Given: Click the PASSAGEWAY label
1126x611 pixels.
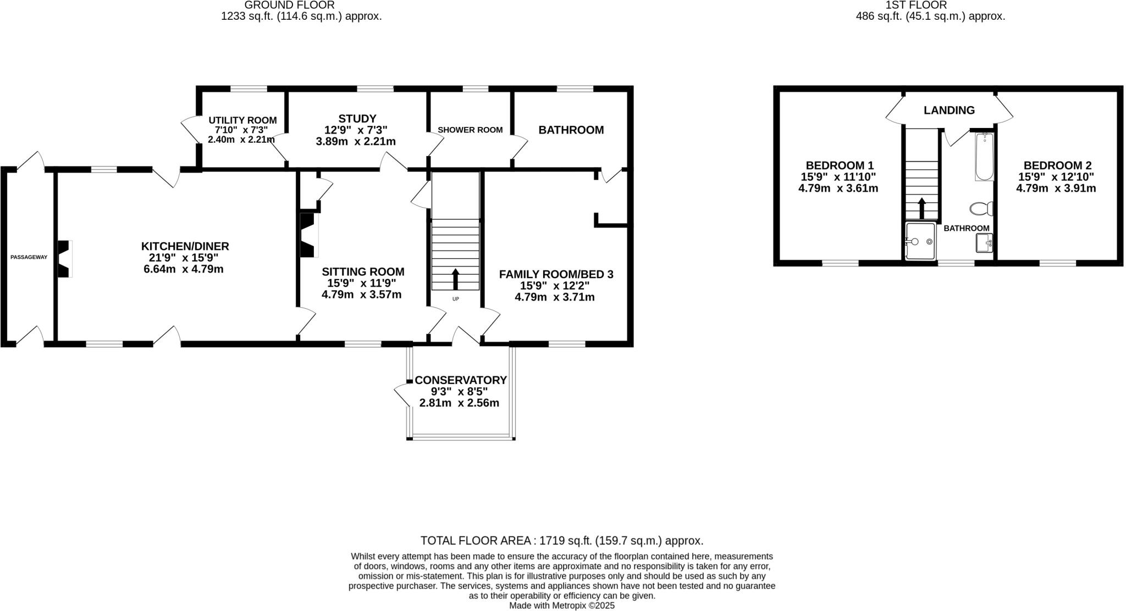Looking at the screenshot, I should click(x=29, y=257).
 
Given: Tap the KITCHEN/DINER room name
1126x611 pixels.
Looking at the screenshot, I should click(x=185, y=246).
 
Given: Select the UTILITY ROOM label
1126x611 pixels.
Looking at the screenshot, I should click(x=242, y=120).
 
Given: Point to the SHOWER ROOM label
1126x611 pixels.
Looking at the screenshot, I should click(x=470, y=130).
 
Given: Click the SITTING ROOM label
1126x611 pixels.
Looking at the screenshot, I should click(x=363, y=271).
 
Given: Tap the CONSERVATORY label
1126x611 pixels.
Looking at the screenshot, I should click(x=460, y=380).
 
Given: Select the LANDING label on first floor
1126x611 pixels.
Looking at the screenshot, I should click(x=949, y=110).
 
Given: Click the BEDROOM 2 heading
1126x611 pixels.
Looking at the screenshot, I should click(x=1057, y=165).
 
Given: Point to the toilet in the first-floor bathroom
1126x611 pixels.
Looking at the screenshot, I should click(x=981, y=209).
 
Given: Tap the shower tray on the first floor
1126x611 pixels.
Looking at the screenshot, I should click(x=920, y=241).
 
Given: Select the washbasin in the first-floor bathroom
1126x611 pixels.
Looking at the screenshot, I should click(x=984, y=242).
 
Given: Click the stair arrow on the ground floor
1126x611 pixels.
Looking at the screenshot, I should click(x=455, y=279).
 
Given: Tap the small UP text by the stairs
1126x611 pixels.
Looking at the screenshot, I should click(x=455, y=299).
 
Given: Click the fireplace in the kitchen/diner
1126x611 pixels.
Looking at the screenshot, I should click(x=65, y=258).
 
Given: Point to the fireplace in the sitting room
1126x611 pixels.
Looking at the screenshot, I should click(x=308, y=235).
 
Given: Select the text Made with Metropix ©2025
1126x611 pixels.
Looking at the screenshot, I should click(x=561, y=606).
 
